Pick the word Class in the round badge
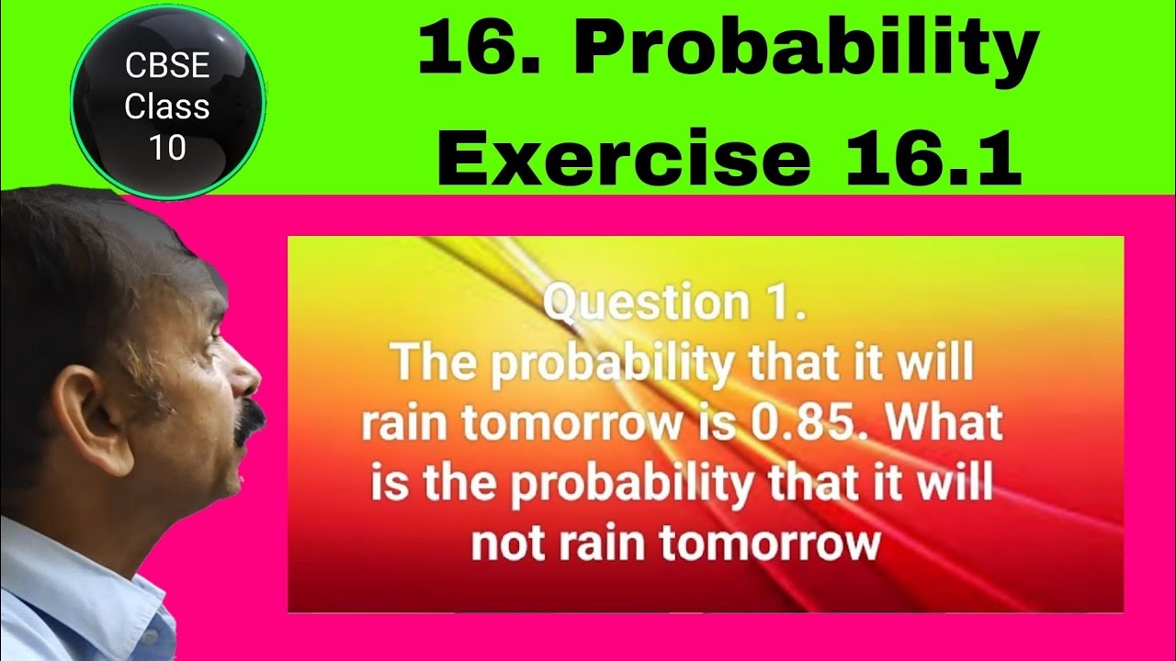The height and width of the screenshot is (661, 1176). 167,107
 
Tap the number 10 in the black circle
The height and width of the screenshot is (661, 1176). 167,147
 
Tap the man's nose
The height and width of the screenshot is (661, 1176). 248,376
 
